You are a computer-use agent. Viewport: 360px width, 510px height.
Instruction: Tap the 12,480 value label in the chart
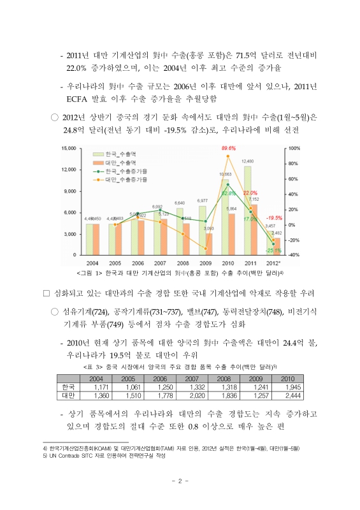(248, 161)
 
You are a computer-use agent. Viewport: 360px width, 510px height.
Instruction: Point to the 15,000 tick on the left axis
(69, 149)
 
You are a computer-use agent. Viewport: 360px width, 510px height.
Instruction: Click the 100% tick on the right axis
(294, 149)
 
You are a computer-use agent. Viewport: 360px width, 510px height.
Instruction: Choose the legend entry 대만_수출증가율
(126, 180)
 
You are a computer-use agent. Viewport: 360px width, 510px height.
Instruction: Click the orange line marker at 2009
(205, 249)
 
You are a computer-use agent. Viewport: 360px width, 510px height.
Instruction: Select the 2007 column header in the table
(192, 378)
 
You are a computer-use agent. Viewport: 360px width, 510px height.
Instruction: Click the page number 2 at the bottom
(180, 481)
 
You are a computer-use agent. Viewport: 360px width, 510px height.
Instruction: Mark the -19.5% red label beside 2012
(275, 217)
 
